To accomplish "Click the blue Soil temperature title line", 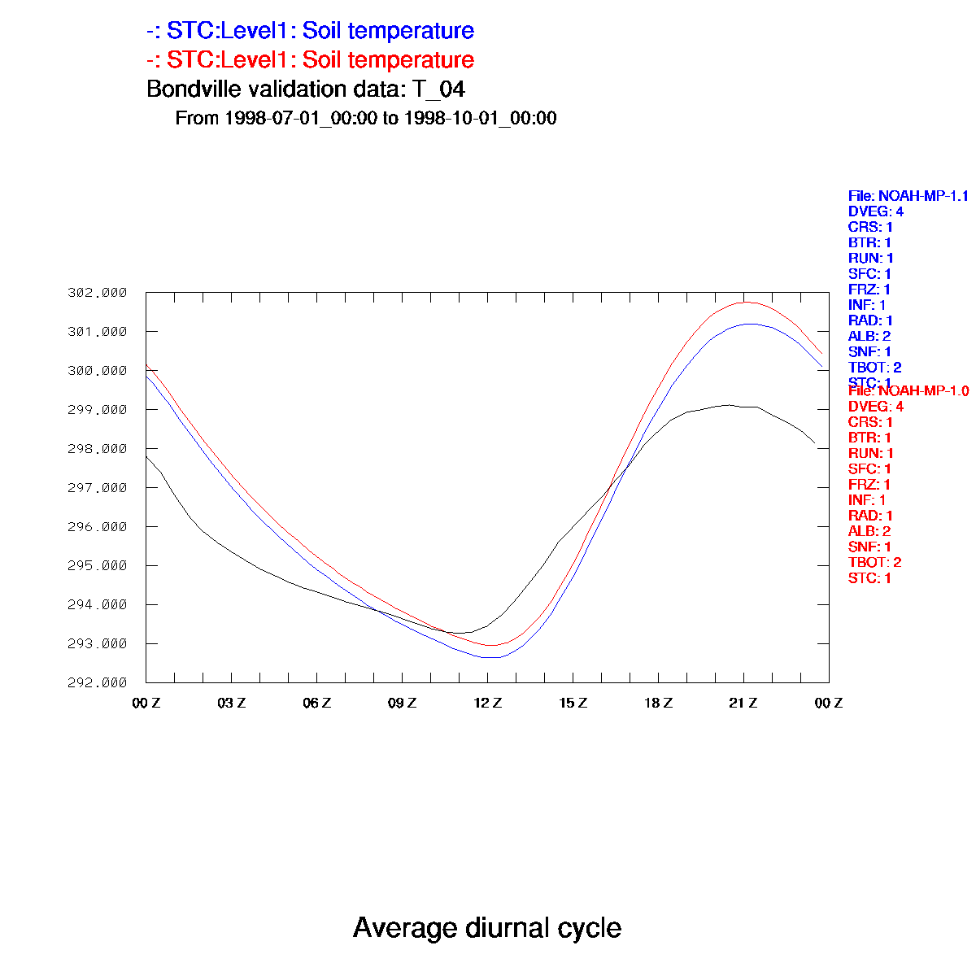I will point(310,31).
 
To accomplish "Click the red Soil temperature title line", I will point(310,60).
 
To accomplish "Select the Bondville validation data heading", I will point(305,89).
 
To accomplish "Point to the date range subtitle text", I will point(365,118).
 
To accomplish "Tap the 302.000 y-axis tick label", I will point(98,293).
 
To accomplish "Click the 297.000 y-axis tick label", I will point(98,488).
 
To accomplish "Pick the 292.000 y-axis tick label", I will point(98,682).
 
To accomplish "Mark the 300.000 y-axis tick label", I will point(98,371).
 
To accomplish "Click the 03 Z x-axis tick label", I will point(231,703).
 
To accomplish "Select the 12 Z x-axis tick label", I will point(487,703).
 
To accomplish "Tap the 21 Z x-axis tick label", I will point(743,703).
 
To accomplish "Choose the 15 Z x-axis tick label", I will point(573,703).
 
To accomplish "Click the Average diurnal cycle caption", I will point(487,928).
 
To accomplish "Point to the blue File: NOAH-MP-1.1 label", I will point(908,196).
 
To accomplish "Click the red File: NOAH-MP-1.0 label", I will point(908,391).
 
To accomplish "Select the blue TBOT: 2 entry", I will point(874,368).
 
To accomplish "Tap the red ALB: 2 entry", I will point(869,531).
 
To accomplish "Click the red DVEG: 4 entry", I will point(875,407).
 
